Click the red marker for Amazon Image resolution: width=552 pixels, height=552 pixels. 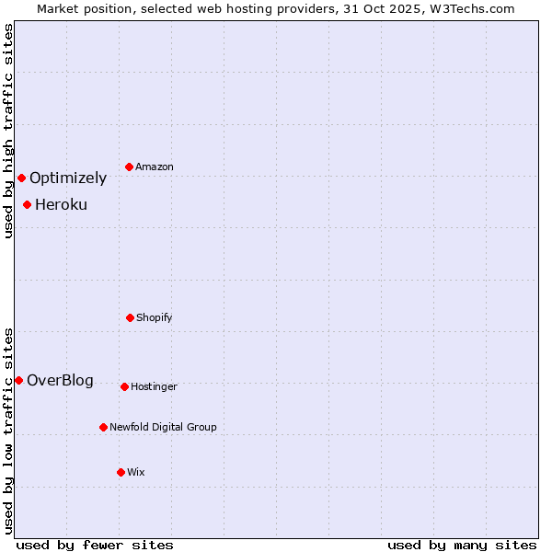130,167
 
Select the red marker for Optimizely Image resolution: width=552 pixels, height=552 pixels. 21,178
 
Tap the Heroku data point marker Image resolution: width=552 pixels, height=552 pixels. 28,204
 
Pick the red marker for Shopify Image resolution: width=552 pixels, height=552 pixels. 130,317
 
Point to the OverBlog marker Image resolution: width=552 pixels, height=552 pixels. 18,380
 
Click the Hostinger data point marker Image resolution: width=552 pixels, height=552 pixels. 124,386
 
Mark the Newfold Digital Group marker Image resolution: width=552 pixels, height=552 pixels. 103,427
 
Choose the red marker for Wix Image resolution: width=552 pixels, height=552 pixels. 121,472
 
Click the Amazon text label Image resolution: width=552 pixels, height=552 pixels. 155,167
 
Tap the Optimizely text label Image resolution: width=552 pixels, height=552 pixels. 68,178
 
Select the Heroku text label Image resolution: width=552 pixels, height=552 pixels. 61,205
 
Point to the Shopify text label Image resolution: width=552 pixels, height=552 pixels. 155,317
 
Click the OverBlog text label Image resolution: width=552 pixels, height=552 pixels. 60,381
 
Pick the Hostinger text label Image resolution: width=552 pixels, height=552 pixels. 154,386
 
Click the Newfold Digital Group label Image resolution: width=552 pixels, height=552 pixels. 163,427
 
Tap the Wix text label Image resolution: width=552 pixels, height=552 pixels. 136,472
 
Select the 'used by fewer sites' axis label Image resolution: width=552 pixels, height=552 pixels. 95,545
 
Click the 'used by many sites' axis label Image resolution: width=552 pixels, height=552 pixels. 462,545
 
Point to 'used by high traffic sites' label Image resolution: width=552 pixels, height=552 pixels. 8,131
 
